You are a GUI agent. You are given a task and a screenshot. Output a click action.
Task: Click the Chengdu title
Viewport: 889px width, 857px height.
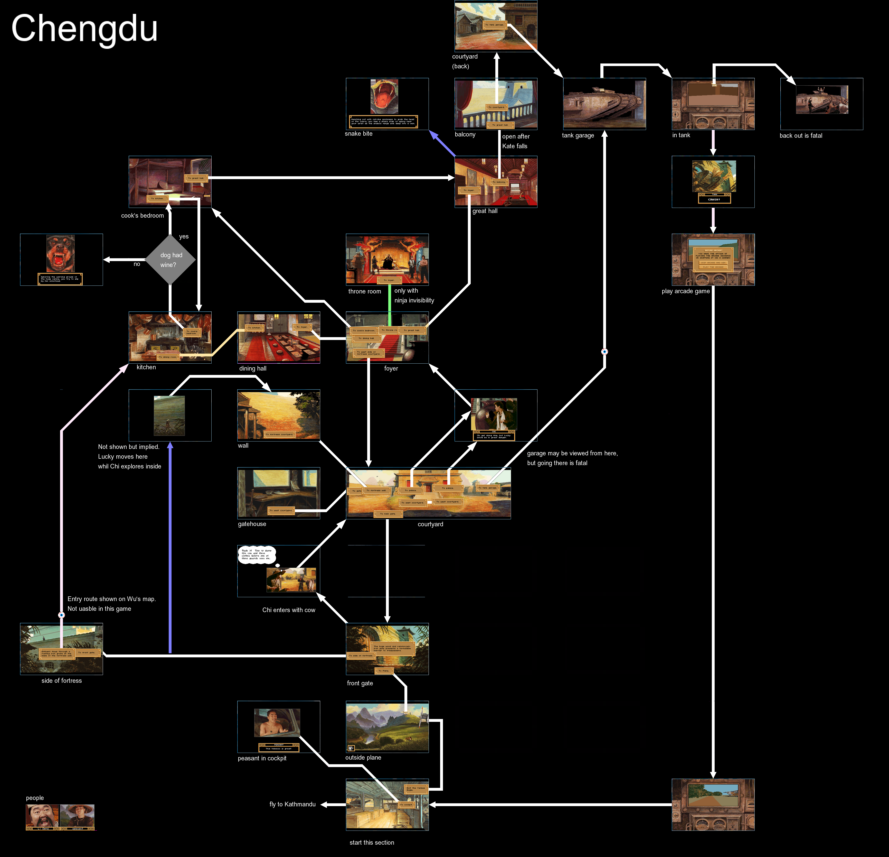[84, 28]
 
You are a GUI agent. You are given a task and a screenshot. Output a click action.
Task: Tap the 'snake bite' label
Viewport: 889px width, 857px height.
[358, 133]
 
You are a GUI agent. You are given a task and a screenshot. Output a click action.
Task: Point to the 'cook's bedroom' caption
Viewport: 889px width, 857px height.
[143, 216]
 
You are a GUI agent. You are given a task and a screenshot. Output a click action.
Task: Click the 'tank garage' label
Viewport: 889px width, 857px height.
[578, 135]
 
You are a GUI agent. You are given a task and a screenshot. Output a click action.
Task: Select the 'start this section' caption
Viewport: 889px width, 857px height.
[372, 842]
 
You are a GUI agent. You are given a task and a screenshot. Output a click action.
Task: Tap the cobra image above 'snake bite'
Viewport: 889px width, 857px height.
[384, 96]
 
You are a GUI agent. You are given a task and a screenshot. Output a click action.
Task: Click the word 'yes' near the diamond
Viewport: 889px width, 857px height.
[184, 236]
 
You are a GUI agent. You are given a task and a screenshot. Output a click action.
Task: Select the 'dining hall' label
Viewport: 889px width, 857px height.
[253, 368]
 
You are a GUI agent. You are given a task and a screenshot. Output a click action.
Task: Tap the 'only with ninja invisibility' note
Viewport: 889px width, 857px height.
[414, 296]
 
